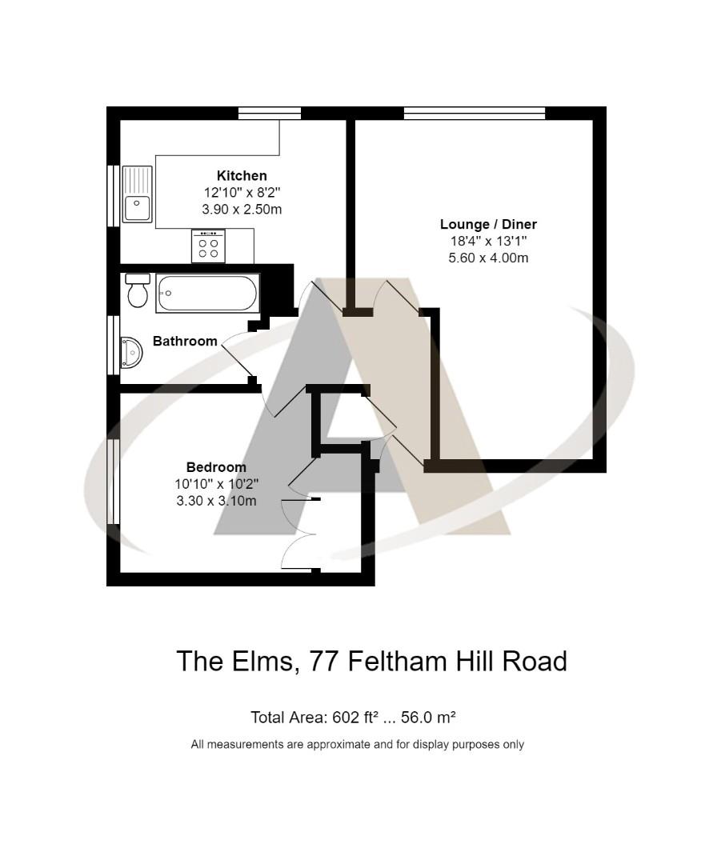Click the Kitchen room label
242,176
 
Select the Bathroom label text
185,342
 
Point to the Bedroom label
216,467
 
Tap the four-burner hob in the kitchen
208,246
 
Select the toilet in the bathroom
138,291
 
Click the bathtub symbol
207,293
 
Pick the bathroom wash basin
130,353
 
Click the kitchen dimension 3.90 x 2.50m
242,210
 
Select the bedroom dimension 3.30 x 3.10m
216,501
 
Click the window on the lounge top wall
475,113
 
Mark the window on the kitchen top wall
270,113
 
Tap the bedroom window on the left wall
114,481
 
